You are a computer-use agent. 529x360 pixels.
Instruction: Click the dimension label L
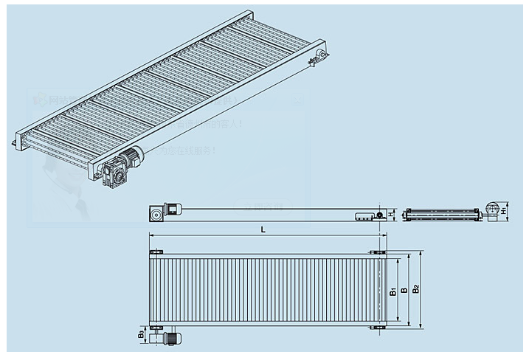tap(263, 229)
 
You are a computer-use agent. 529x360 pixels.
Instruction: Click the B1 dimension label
tap(393, 291)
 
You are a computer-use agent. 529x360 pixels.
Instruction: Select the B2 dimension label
tap(416, 288)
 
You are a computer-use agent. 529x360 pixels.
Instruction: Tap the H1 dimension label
tap(503, 212)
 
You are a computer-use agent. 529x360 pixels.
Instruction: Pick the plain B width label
tap(404, 290)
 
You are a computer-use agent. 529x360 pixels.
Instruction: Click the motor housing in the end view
tap(492, 210)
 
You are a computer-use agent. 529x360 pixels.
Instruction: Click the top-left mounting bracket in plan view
tap(155, 252)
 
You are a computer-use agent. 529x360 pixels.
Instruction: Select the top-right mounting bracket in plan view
tap(378, 252)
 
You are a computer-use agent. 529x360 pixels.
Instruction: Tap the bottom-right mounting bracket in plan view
tap(378, 327)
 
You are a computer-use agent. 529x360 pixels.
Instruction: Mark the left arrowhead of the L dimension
tap(152, 235)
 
